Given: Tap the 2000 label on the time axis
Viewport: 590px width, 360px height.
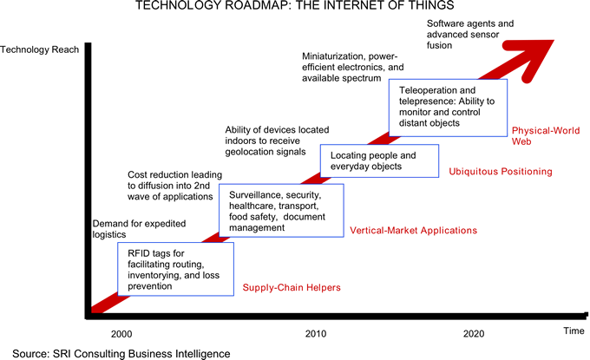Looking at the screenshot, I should tap(122, 333).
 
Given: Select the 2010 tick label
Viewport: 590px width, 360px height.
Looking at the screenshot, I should tap(316, 333).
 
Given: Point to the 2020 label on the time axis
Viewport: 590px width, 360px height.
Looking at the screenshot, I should tap(474, 333).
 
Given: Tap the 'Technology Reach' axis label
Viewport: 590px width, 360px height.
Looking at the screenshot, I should tap(41, 49).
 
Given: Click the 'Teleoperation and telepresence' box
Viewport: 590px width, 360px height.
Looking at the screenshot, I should tap(446, 106).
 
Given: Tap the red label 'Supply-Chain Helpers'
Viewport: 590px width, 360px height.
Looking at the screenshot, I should tap(292, 287).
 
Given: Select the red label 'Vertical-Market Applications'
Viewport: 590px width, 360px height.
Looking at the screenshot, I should tap(413, 231).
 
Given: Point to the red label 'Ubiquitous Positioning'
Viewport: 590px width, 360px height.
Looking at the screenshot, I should tap(501, 172).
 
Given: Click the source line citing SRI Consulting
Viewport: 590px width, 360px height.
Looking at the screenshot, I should tap(121, 352).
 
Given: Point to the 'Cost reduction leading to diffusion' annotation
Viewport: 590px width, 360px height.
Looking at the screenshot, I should tap(170, 185).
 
